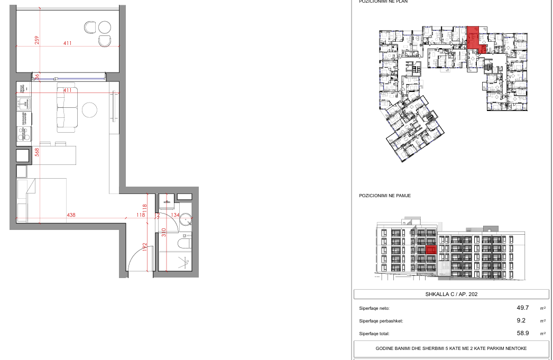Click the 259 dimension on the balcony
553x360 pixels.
(x=36, y=40)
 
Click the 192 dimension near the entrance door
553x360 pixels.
(x=144, y=248)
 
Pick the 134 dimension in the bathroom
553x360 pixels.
(x=176, y=215)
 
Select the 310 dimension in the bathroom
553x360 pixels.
(x=164, y=231)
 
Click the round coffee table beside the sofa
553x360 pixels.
(x=90, y=110)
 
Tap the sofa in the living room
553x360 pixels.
(x=67, y=110)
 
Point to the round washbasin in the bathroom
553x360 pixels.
(x=186, y=223)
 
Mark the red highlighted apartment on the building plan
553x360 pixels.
(x=474, y=38)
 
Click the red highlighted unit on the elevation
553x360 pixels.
(x=430, y=250)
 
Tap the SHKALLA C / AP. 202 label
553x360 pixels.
(x=451, y=294)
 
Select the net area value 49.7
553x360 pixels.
(x=522, y=307)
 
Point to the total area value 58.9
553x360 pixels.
(x=522, y=334)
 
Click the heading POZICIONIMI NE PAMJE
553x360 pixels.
(x=385, y=196)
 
